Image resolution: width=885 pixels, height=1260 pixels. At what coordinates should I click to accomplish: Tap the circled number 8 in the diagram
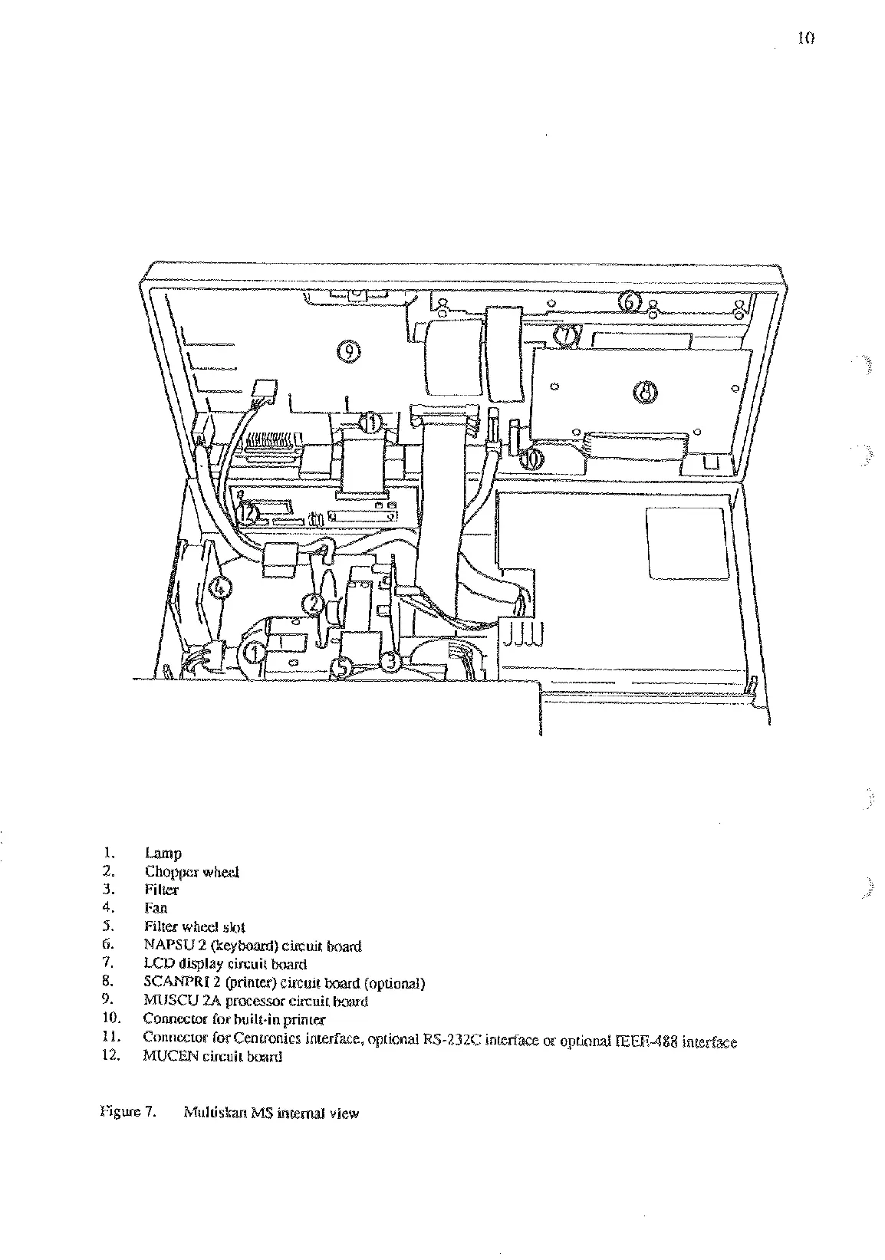pos(645,392)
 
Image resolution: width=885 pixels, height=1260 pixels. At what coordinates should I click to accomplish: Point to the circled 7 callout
pos(565,335)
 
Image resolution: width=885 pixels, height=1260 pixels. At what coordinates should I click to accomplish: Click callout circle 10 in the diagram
pos(532,459)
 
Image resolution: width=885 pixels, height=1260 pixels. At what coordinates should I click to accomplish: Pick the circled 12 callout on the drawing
pos(248,512)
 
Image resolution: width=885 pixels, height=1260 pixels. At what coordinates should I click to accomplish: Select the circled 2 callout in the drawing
pos(313,604)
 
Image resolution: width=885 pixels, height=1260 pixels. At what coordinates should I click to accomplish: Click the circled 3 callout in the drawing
pos(390,660)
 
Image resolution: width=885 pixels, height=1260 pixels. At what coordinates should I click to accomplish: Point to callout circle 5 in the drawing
pos(343,668)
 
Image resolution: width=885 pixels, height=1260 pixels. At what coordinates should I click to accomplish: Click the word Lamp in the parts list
pos(163,854)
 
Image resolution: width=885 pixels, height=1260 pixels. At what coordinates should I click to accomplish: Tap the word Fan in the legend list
pos(156,909)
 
